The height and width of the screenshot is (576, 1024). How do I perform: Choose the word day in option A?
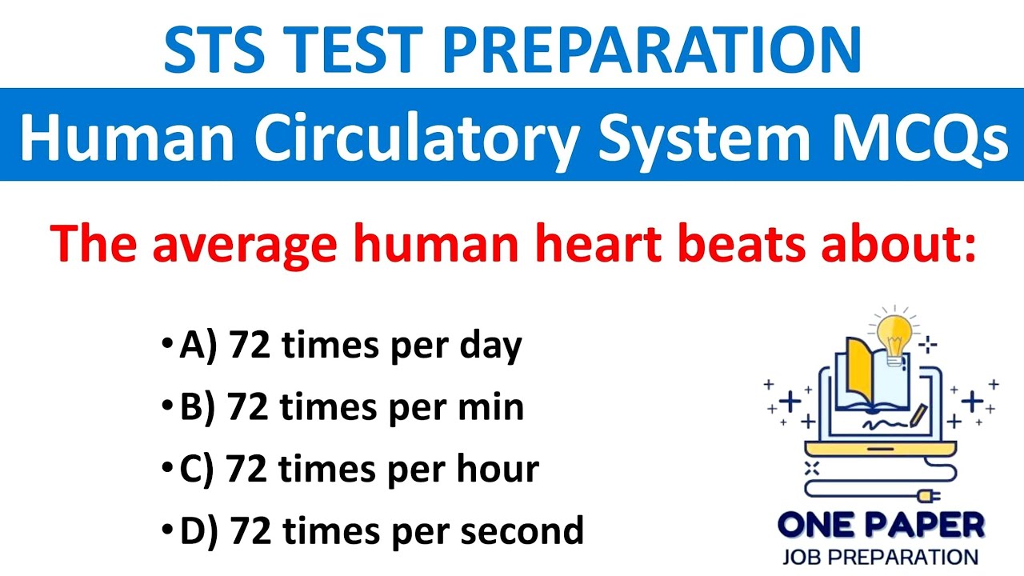click(x=490, y=346)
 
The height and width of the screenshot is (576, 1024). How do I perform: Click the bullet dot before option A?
click(x=166, y=346)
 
